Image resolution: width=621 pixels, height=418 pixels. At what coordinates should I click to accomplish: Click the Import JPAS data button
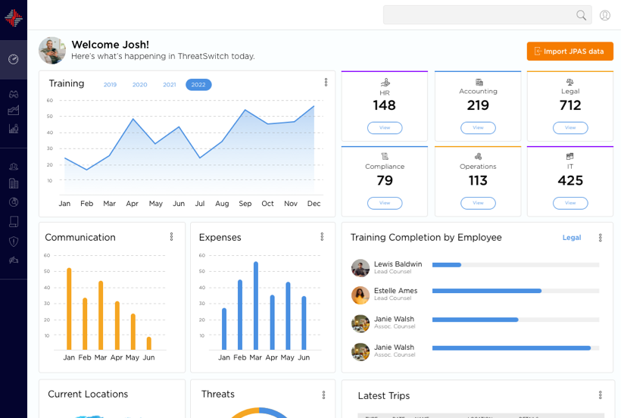570,51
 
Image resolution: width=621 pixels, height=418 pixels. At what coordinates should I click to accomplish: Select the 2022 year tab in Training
198,85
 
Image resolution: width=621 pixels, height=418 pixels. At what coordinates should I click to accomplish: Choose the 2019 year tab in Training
110,85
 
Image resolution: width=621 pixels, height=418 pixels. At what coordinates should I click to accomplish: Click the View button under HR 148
385,128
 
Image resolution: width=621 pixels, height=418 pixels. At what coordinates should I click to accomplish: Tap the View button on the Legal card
570,128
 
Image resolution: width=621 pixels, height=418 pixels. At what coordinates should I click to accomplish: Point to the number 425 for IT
570,181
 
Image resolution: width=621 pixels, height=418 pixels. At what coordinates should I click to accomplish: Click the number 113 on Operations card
478,181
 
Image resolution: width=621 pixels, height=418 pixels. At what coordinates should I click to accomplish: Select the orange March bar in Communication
101,315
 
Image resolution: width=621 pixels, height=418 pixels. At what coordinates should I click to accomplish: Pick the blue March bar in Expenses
256,306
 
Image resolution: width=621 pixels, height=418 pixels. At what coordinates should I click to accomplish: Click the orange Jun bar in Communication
148,343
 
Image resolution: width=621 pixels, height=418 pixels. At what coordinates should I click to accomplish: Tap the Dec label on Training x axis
314,204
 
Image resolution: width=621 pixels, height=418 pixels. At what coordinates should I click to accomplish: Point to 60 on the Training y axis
50,100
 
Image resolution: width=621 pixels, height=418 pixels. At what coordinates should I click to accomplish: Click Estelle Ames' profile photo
360,295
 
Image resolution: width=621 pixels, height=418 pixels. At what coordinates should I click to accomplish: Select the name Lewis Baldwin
398,264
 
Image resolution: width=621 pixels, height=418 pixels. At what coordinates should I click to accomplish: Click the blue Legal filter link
572,238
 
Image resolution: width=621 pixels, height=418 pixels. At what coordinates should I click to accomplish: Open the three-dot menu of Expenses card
323,237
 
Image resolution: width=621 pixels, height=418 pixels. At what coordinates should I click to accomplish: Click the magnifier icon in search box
582,15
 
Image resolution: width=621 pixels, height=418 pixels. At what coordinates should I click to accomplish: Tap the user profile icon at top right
605,15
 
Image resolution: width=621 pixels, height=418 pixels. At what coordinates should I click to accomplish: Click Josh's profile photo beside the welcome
52,51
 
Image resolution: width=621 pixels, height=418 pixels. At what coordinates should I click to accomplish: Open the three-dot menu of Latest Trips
601,395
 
